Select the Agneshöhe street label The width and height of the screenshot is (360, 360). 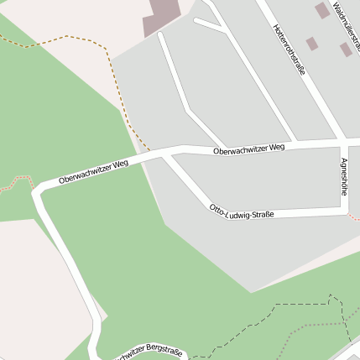(344, 177)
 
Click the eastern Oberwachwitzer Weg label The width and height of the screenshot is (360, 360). (249, 149)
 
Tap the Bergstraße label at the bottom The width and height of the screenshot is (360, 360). (151, 349)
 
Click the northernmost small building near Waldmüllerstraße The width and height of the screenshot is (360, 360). (321, 10)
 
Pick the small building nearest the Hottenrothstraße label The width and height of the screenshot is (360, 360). (311, 43)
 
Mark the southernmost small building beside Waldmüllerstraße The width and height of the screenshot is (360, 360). (346, 50)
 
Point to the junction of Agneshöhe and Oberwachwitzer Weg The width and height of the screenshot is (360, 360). (342, 142)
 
